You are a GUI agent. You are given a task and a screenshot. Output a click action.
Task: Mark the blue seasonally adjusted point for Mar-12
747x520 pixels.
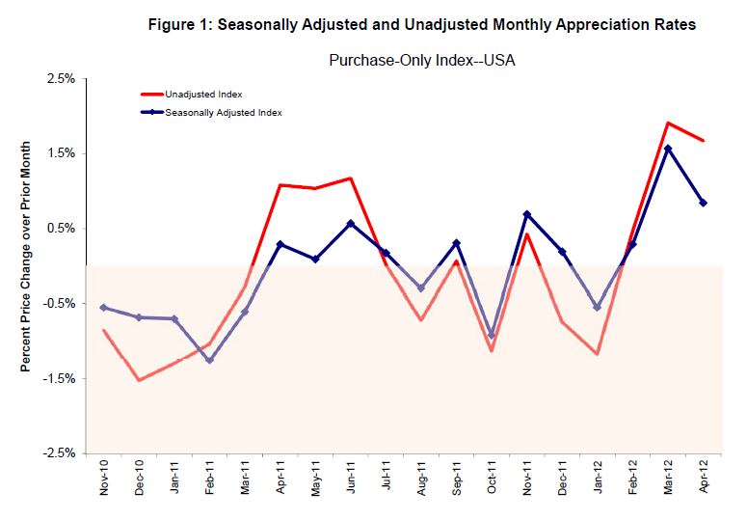pos(668,149)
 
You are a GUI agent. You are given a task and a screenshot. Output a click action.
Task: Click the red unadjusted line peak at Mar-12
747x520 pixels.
pos(668,123)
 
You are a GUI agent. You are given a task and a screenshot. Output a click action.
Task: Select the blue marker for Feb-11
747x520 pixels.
pos(209,361)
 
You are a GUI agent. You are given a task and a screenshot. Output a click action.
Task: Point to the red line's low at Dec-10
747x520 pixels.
pos(139,380)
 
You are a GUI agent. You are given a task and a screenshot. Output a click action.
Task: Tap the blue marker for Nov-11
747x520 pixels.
pos(527,214)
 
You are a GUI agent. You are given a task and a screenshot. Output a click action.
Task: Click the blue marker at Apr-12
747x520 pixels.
pos(704,203)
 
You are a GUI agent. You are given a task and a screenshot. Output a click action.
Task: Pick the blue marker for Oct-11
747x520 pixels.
pos(492,336)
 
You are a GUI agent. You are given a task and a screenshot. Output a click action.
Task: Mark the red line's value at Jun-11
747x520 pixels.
pos(351,178)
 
